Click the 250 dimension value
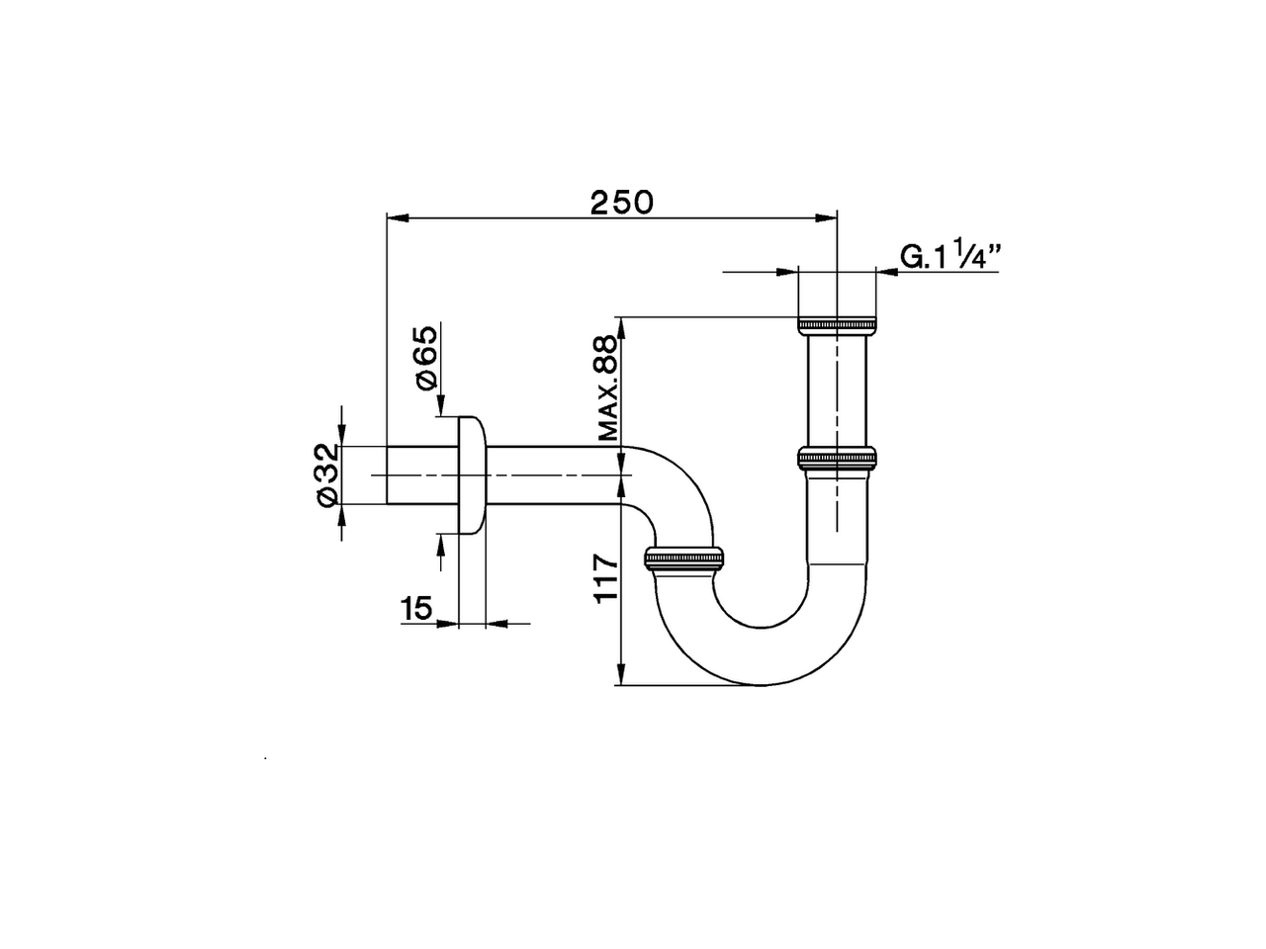[x=621, y=202]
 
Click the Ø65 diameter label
[x=424, y=357]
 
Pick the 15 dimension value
[x=416, y=608]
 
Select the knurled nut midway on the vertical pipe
[x=837, y=458]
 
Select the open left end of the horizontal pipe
[x=387, y=475]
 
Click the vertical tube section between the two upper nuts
[x=837, y=390]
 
